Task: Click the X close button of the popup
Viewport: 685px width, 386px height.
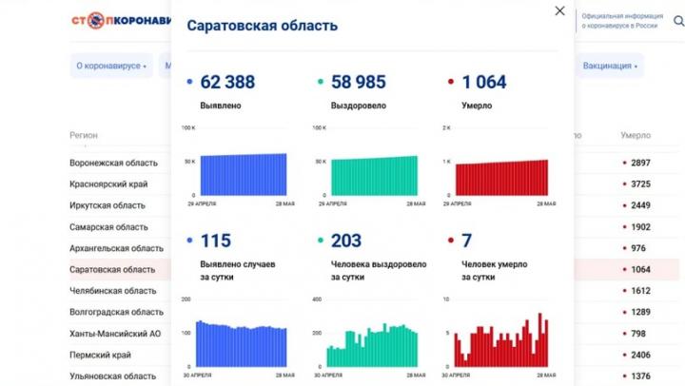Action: pos(559,11)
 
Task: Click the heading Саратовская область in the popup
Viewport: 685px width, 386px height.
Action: pos(262,26)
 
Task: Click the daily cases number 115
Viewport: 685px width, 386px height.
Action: pos(216,241)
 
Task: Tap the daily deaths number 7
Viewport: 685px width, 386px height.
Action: pos(466,241)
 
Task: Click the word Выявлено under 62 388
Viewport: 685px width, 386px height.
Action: pos(220,105)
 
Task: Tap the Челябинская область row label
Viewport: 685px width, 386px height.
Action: pos(112,291)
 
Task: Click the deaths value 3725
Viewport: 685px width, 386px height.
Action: pos(640,183)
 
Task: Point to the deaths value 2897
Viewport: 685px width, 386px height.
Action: pos(640,163)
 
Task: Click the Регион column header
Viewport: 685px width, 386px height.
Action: pos(84,135)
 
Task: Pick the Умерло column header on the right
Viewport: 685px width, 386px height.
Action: pos(635,135)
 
